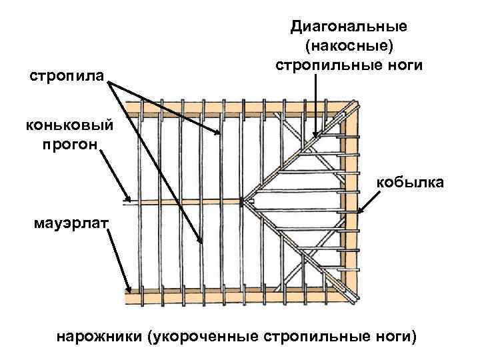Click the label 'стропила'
coord(66,77)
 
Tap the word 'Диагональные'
coord(348,27)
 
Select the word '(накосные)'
coord(348,47)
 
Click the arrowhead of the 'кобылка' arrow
coord(360,213)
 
